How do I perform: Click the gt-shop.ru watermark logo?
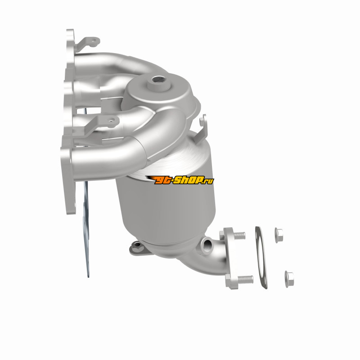click(180, 180)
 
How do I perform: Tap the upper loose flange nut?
click(279, 235)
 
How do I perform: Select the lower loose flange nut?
click(289, 279)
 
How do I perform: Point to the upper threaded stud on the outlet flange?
click(239, 235)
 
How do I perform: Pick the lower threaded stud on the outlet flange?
click(245, 279)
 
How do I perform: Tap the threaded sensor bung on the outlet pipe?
click(207, 244)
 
